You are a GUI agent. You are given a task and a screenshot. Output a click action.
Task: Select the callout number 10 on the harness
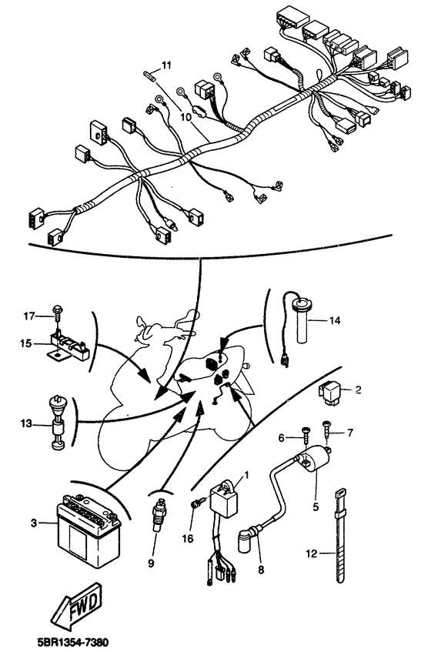coord(185,117)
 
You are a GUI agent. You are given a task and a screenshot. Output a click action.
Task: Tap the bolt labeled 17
coord(58,314)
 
